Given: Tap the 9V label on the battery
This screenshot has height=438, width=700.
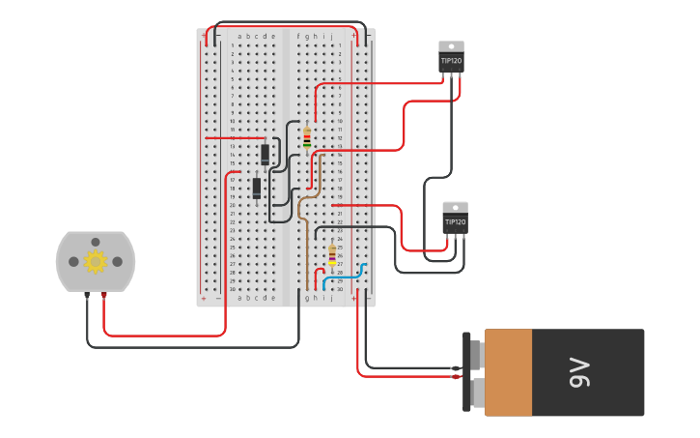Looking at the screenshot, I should [578, 372].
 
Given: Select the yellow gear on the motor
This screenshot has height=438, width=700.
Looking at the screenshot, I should [95, 261].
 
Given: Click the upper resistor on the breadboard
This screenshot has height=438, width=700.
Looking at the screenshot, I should [307, 139].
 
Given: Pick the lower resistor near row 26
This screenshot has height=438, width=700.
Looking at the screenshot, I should [332, 256].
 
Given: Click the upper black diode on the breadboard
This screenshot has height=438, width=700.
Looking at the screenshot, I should [265, 154].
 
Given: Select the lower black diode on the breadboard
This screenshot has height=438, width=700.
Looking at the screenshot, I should [257, 188].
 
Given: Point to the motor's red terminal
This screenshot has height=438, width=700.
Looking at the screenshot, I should [104, 295].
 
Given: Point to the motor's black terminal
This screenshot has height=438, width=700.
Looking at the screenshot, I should [87, 295].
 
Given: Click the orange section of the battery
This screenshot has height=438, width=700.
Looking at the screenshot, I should [508, 372].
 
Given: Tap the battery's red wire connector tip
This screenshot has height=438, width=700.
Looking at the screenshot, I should [455, 376].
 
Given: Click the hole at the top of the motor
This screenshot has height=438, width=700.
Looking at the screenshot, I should [95, 242].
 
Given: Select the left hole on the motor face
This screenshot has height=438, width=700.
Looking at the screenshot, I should [73, 262].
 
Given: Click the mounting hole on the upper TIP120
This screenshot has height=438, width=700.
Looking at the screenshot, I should [451, 45].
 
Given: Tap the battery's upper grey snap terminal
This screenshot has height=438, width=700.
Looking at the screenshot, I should [476, 354].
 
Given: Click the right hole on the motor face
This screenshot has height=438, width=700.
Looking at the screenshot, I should [118, 262].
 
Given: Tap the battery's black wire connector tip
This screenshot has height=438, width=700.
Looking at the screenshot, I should [455, 367].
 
